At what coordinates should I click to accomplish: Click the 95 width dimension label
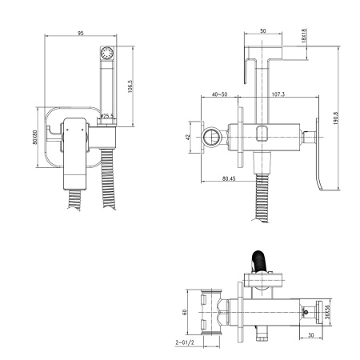point(81,33)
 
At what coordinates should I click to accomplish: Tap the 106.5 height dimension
point(130,86)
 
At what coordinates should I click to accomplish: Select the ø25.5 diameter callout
point(107,116)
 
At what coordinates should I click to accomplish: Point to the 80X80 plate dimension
point(35,138)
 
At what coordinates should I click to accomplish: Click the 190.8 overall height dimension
point(335,118)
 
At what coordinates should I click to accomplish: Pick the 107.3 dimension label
point(278,94)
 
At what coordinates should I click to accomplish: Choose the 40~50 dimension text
point(219,94)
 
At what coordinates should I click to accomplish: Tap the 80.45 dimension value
point(229,178)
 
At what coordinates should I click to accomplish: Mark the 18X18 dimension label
point(304,35)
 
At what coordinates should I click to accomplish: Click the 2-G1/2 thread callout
point(185,342)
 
